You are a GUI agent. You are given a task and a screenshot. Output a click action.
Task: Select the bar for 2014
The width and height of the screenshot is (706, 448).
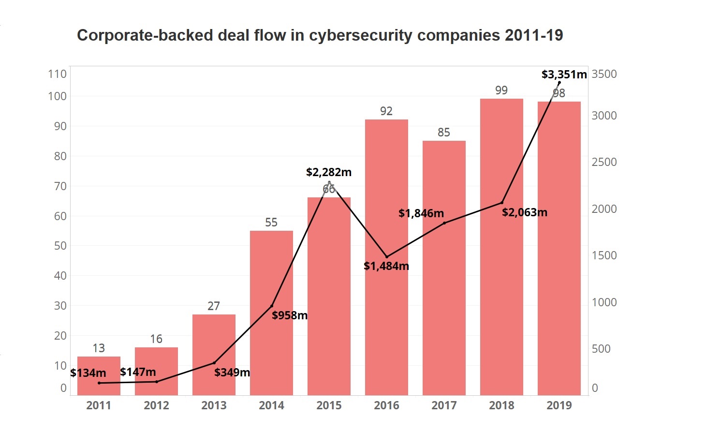(271, 339)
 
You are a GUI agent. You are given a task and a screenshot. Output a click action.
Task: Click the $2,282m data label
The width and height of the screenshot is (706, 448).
(329, 172)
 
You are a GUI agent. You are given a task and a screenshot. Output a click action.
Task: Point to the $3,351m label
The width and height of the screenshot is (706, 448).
(564, 75)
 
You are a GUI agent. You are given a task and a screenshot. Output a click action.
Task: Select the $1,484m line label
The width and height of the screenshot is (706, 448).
(386, 266)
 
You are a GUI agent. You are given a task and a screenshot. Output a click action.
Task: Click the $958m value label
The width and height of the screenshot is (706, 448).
(290, 315)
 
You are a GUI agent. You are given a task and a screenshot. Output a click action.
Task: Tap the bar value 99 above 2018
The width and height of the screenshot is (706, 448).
(501, 90)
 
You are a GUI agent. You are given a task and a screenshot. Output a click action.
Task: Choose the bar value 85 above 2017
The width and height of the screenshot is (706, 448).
(444, 133)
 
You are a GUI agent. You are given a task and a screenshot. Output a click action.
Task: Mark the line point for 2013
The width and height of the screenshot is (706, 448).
(214, 363)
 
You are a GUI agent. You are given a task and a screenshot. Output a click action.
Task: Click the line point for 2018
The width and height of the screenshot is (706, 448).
(502, 202)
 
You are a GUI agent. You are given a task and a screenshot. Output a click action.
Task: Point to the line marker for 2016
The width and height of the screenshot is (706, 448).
(386, 256)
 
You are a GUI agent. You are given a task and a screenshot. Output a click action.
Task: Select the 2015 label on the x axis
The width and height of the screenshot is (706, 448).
(329, 405)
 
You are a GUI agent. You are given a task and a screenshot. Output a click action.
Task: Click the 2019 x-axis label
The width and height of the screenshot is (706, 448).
(559, 405)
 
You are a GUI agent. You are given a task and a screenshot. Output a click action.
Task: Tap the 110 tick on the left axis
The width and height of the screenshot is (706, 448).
(57, 74)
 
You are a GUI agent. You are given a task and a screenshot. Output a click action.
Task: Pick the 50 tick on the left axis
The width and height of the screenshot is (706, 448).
(60, 246)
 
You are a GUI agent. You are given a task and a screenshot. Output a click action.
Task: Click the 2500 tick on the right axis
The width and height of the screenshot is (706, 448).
(604, 162)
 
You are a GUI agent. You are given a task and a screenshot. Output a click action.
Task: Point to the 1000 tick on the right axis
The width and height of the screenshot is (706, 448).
(604, 302)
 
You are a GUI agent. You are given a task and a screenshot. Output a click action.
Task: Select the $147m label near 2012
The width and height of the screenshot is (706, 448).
(138, 372)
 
